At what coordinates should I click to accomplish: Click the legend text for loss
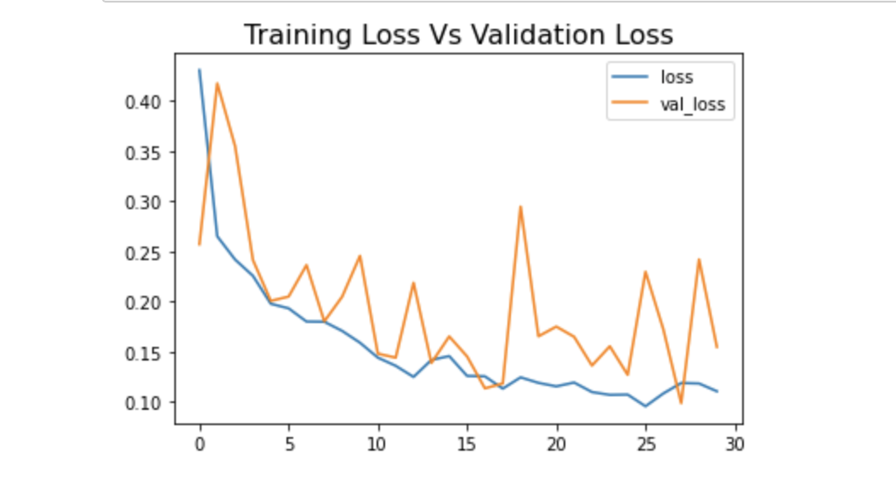click(x=677, y=77)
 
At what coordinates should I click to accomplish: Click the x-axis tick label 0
click(x=200, y=444)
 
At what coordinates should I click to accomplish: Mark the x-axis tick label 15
click(x=467, y=444)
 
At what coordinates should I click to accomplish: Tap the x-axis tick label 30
click(x=734, y=444)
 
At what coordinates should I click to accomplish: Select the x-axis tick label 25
click(x=645, y=444)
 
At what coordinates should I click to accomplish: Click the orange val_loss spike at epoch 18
click(x=520, y=207)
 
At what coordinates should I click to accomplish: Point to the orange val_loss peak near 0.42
click(x=218, y=83)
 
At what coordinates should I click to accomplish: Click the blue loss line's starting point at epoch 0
click(x=200, y=71)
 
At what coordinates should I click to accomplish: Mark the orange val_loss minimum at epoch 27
click(x=681, y=402)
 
